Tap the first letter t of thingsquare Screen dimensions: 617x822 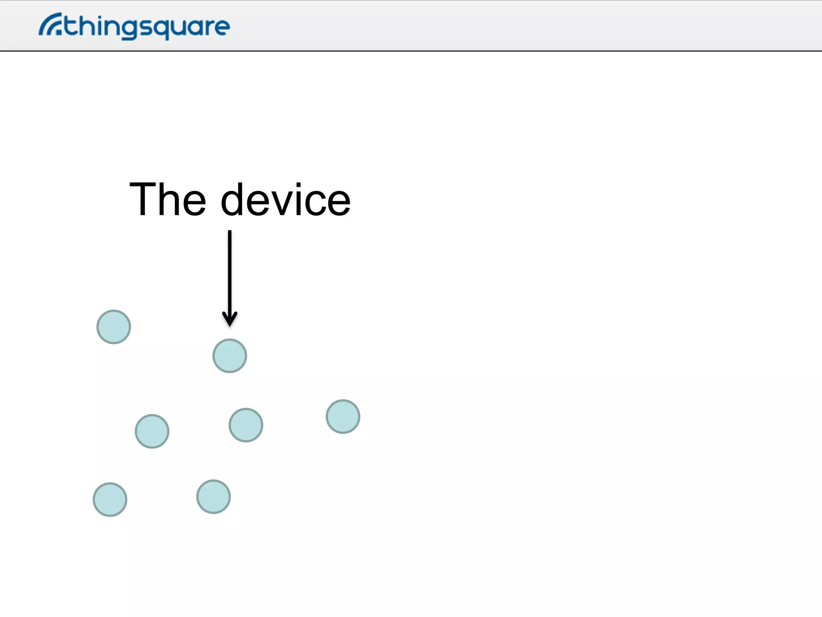(71, 26)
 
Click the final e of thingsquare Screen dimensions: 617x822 (222, 27)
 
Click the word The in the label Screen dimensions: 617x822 (168, 199)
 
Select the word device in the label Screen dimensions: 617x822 (286, 199)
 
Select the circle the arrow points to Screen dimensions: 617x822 (230, 356)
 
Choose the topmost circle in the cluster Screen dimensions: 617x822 (114, 327)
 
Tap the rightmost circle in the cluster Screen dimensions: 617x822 (343, 417)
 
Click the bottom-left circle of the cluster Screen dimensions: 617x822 (110, 500)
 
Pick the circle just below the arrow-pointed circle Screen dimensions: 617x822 (246, 425)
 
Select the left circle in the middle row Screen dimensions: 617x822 (152, 431)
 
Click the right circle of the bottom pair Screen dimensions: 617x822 (214, 497)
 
